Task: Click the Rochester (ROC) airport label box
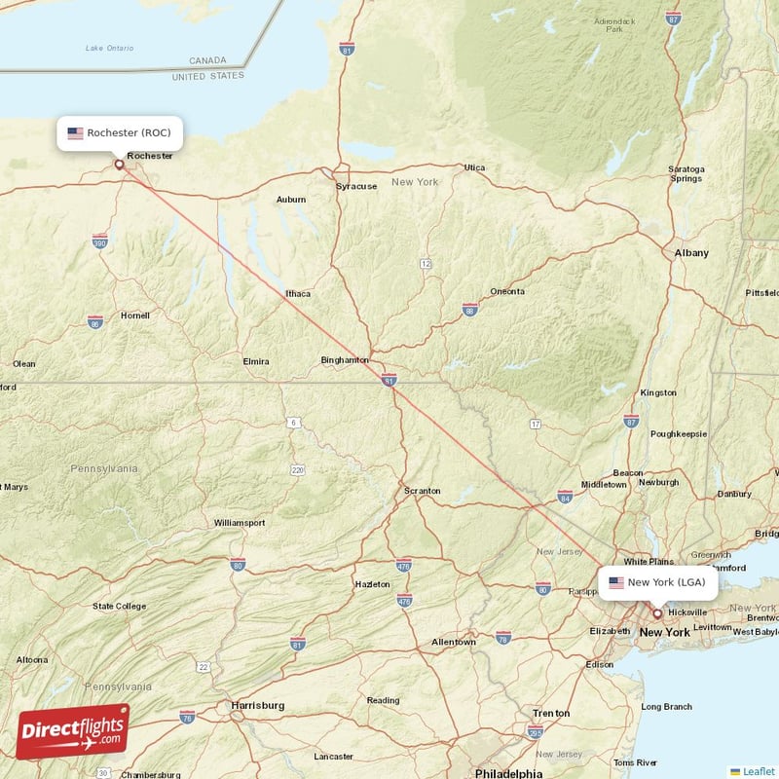(x=120, y=132)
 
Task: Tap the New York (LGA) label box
(x=658, y=582)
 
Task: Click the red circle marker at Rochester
(x=120, y=165)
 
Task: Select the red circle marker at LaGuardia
(x=657, y=613)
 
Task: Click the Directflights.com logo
(x=73, y=731)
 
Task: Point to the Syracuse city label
(x=356, y=186)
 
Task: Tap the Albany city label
(x=691, y=253)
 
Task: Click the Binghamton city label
(x=345, y=359)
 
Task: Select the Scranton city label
(x=423, y=491)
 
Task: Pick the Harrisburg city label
(x=257, y=704)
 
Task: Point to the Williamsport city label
(x=240, y=523)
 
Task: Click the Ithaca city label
(x=298, y=293)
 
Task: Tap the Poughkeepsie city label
(x=679, y=433)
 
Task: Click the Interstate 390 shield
(x=99, y=242)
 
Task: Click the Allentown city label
(x=454, y=642)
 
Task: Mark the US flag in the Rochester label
(x=75, y=132)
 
